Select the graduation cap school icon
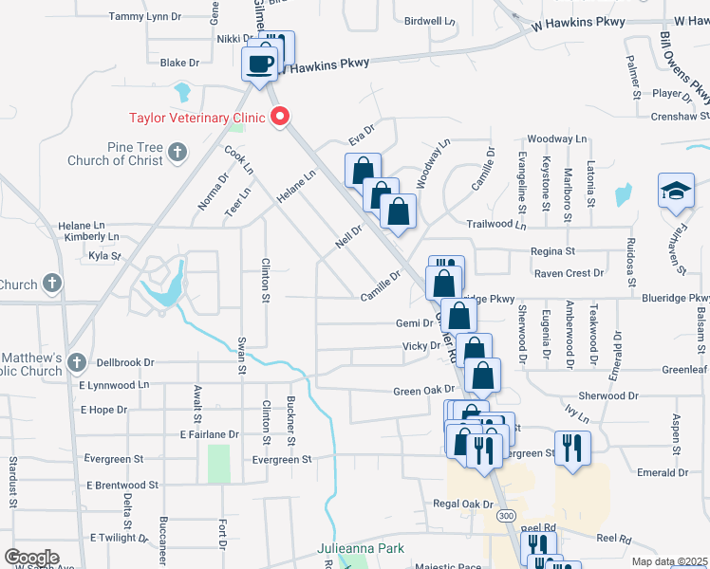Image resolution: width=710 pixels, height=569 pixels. click(x=676, y=190)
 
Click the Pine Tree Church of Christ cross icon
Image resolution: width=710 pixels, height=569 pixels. click(x=177, y=152)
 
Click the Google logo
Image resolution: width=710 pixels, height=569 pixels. click(x=30, y=558)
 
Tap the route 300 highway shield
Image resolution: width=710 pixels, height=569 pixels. click(x=506, y=515)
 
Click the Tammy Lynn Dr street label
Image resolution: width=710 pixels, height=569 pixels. click(x=144, y=16)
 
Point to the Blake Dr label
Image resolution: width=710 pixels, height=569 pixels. click(x=179, y=63)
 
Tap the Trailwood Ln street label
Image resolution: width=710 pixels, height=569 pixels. click(x=495, y=225)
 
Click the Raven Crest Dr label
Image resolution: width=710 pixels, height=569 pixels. click(x=569, y=273)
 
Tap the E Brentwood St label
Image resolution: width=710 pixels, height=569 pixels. click(x=120, y=485)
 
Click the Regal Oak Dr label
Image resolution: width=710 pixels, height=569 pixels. click(x=463, y=504)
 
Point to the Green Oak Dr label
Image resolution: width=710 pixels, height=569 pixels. click(x=424, y=391)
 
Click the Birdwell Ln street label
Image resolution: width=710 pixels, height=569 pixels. click(x=430, y=20)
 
